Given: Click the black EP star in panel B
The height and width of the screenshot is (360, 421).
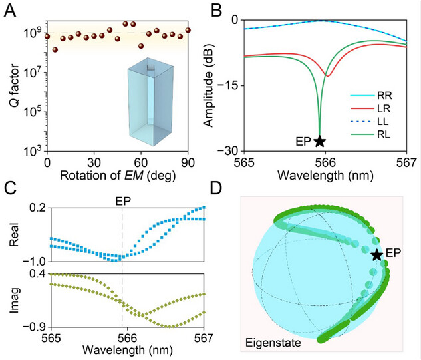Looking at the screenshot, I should (320, 141).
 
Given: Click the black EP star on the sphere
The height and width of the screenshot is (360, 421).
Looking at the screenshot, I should (377, 254).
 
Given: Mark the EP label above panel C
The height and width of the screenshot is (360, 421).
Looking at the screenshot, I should (121, 198).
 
